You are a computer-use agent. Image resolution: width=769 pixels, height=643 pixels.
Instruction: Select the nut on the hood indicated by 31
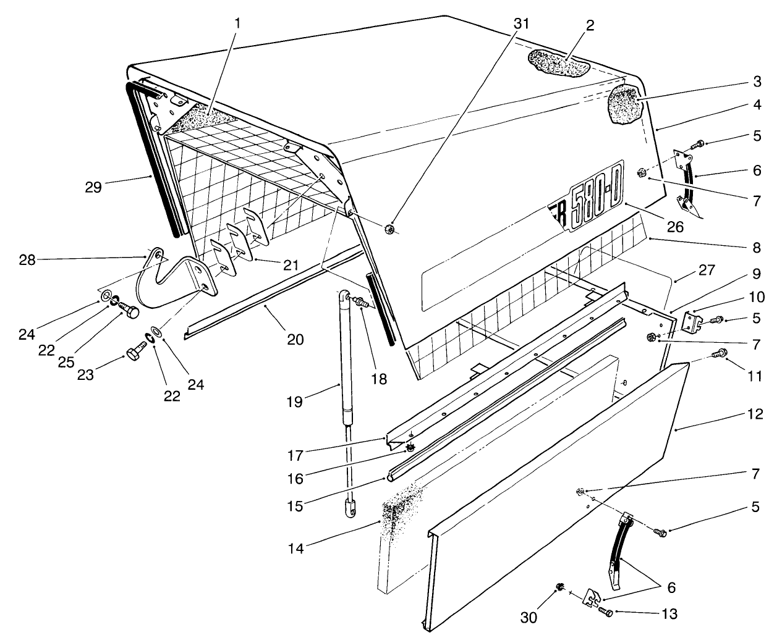(389, 229)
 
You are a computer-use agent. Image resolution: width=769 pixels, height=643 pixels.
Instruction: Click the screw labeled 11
(720, 354)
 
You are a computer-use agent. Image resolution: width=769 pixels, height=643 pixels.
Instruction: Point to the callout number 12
(752, 414)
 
